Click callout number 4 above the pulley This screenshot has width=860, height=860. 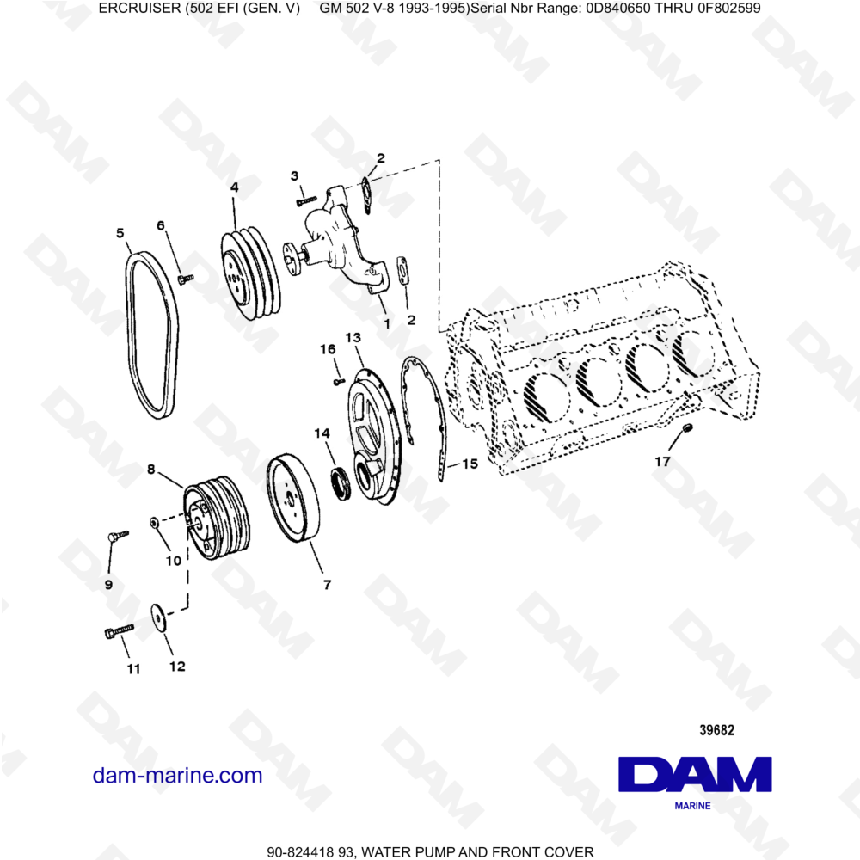tap(234, 187)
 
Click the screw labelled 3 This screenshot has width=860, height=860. tap(305, 200)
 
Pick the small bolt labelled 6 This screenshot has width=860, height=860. tap(184, 278)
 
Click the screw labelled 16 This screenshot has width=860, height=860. tap(336, 378)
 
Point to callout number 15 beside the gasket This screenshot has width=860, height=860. tap(470, 464)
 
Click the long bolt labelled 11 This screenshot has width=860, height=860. tap(116, 633)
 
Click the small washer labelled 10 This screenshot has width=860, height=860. tap(152, 522)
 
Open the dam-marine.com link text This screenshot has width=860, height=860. tap(177, 775)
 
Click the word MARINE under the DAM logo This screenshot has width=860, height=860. tap(692, 806)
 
